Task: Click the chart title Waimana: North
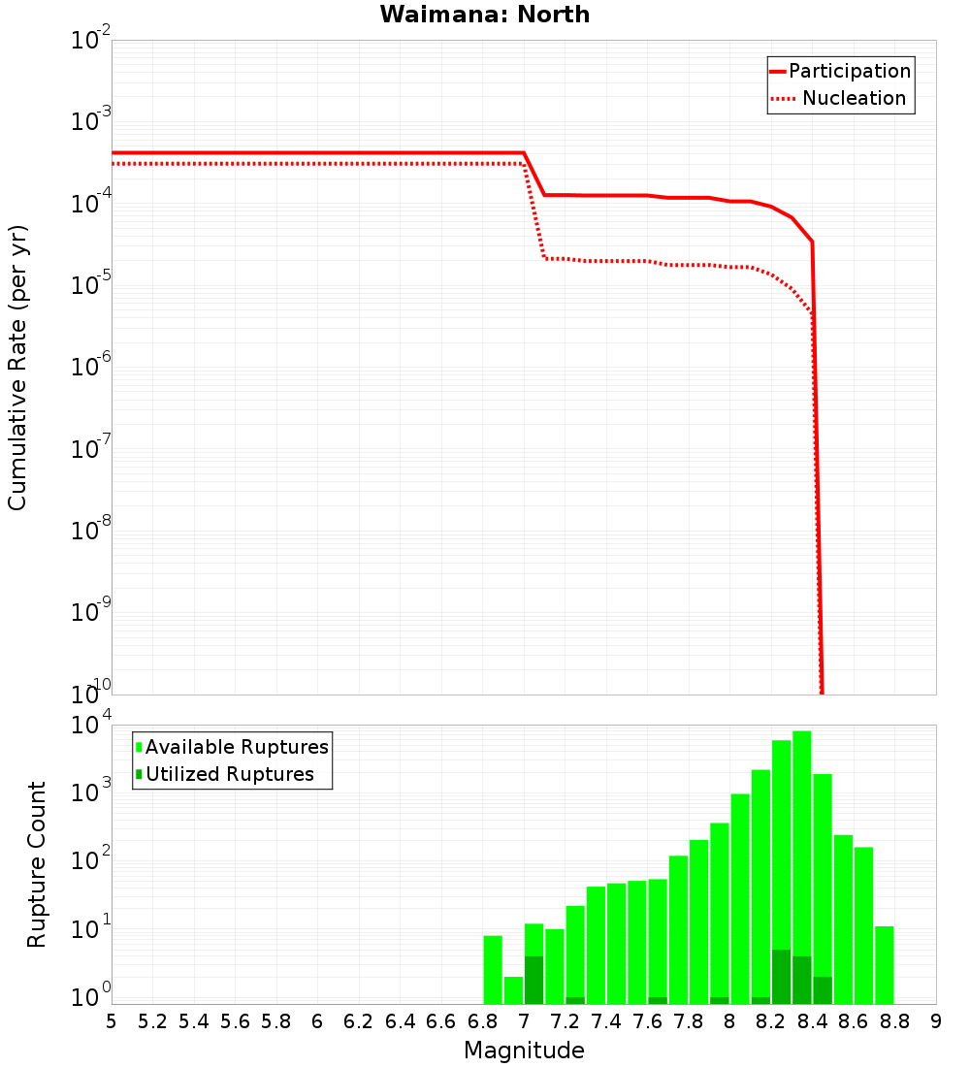click(x=485, y=15)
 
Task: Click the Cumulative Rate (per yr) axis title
click(x=17, y=369)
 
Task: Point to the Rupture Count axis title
click(x=37, y=864)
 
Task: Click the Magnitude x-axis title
click(x=524, y=1051)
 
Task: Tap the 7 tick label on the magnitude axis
click(x=524, y=1021)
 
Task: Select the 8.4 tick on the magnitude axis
click(x=813, y=1021)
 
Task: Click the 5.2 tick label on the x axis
click(x=153, y=1021)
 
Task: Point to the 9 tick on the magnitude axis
click(x=936, y=1021)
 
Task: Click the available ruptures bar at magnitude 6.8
click(x=493, y=969)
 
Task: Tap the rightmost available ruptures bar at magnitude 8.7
click(x=885, y=965)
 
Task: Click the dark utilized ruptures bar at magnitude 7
click(x=533, y=980)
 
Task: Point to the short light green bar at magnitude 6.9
click(x=513, y=990)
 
